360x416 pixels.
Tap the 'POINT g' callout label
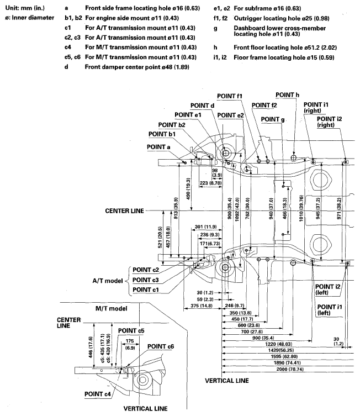[x=273, y=119]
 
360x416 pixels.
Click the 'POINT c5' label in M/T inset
[x=131, y=331]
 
